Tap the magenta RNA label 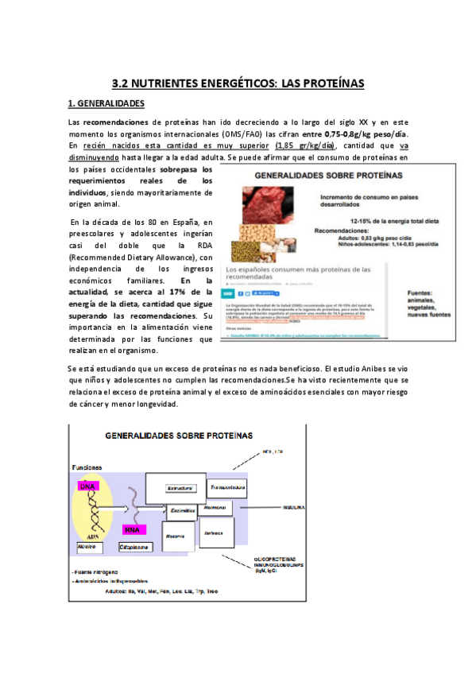pos(133,529)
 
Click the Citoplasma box pos(132,548)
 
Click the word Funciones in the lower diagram pos(85,467)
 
